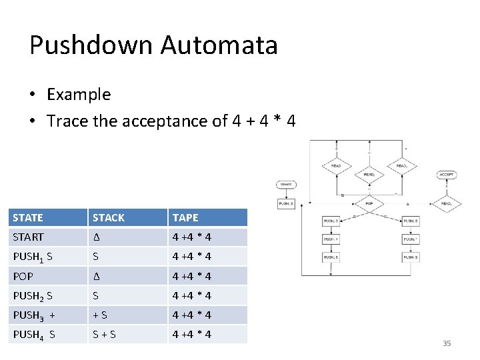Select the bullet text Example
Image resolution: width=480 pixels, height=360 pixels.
coord(79,94)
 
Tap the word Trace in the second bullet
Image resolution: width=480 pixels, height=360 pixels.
coord(69,121)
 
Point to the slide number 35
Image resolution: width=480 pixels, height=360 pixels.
coord(447,343)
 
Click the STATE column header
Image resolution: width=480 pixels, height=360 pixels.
coord(28,217)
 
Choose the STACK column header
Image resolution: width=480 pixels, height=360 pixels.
coord(108,217)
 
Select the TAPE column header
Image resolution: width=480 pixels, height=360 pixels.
coord(185,217)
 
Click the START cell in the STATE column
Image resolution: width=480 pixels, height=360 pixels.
coord(28,237)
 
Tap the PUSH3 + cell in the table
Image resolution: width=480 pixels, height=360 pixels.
coord(33,315)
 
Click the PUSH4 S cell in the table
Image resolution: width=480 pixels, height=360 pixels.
coord(33,334)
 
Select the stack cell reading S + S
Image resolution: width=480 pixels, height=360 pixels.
coord(104,334)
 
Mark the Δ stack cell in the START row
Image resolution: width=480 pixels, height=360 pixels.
coord(96,237)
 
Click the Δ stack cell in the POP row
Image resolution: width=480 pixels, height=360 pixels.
coord(96,276)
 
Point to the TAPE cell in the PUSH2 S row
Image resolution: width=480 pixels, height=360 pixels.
coord(192,295)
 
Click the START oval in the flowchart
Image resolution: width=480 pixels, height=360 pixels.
coord(285,184)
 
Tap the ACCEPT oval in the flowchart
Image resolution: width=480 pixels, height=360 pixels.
coord(447,175)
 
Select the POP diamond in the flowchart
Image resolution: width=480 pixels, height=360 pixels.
coord(368,203)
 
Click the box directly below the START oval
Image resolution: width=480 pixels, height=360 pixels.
coord(286,204)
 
